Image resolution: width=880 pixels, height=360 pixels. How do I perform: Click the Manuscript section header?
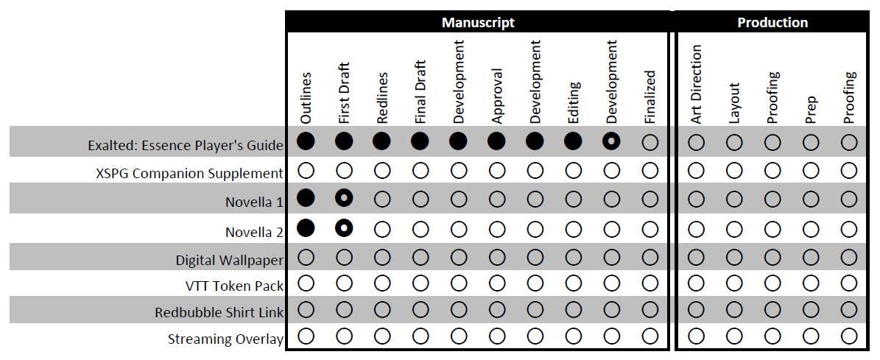coord(478,22)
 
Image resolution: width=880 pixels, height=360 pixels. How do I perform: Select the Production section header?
coord(772,22)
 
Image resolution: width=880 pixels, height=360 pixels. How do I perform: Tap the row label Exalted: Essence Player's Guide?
coord(185,146)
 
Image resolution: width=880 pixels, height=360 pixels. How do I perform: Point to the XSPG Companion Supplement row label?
coord(189,174)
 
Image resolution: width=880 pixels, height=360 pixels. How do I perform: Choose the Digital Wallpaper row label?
coord(229,260)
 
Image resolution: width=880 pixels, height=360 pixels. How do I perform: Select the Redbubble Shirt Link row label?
coord(219,312)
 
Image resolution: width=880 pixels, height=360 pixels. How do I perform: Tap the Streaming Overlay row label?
coord(225,339)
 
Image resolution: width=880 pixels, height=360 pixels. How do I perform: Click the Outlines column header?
coord(306,98)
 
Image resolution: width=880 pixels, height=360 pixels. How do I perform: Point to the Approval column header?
coord(496,96)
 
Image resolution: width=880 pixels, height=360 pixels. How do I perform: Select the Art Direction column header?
coord(697,84)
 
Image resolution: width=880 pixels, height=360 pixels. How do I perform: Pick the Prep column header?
coord(811,109)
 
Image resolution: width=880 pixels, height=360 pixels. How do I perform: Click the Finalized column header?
coord(650,96)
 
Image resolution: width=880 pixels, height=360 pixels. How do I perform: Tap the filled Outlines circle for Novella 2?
coord(306,229)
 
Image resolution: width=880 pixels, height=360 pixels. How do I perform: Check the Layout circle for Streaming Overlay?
coord(734,336)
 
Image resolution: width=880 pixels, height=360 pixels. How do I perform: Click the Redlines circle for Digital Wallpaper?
coord(382,258)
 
